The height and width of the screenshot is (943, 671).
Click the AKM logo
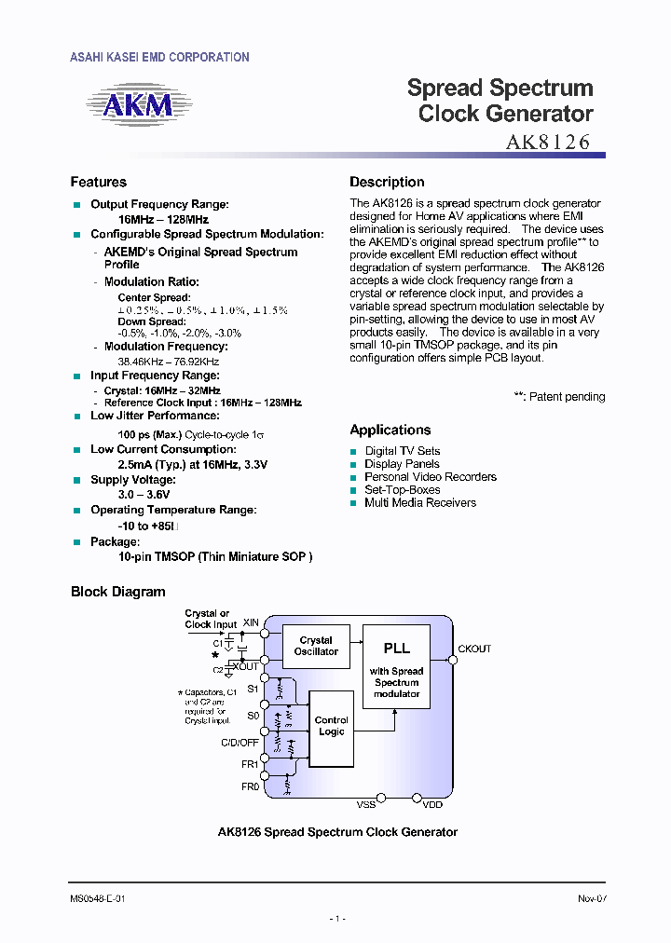[138, 105]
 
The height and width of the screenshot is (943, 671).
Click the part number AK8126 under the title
[548, 143]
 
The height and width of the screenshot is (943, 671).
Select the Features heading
[98, 183]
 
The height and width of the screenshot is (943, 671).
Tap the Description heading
[387, 183]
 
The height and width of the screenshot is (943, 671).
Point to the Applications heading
[390, 430]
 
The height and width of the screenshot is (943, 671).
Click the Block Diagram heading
[117, 592]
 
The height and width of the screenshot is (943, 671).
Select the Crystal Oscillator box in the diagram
[316, 646]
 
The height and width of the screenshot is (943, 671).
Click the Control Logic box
[331, 726]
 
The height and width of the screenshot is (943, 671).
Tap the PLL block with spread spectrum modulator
[396, 668]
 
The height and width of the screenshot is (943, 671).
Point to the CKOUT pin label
[474, 649]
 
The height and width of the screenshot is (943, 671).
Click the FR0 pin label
[250, 787]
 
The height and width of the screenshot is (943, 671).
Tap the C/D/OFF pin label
[240, 743]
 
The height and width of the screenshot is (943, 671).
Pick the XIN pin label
[251, 622]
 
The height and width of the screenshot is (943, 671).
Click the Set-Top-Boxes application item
[402, 490]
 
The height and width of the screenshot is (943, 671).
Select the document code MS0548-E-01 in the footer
[98, 898]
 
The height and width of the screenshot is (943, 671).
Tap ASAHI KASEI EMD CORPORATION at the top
[159, 58]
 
